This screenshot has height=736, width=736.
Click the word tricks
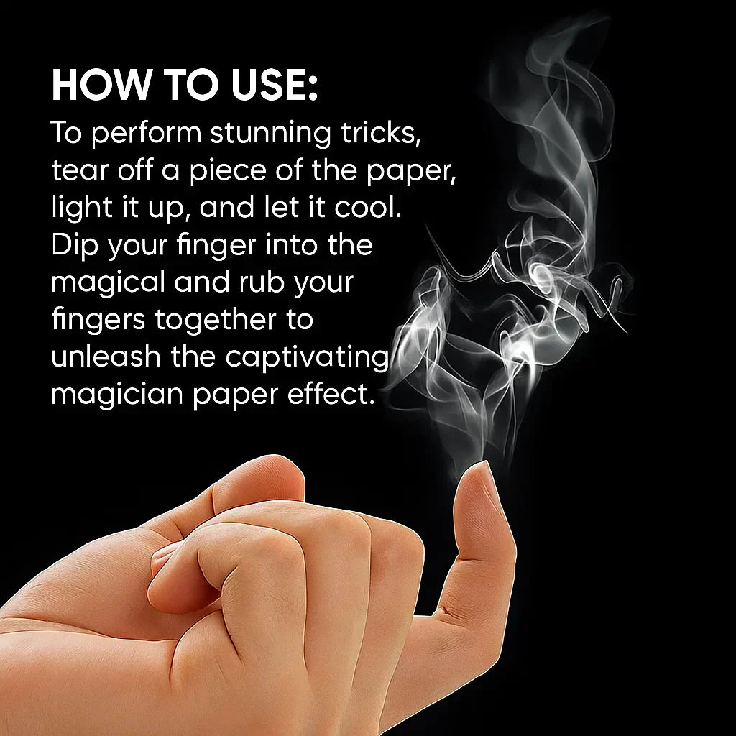pyautogui.click(x=379, y=134)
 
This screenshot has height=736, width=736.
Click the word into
pyautogui.click(x=280, y=246)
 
